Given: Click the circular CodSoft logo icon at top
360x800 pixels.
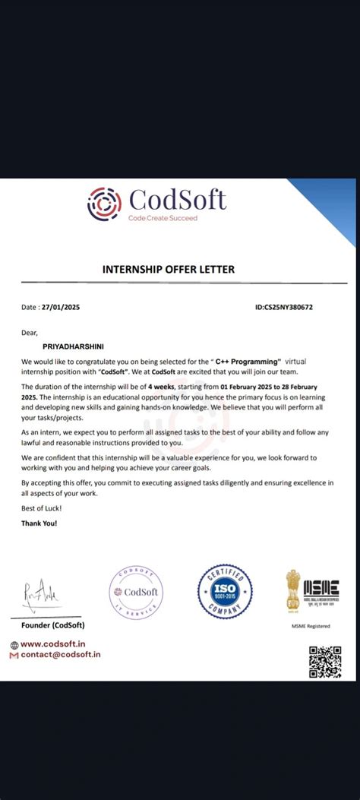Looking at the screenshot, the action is coord(104,203).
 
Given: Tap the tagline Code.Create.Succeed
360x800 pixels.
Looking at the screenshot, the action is coord(162,218).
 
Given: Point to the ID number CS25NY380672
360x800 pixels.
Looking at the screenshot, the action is coord(285,307).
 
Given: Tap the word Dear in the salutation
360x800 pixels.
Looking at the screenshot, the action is coord(30,332).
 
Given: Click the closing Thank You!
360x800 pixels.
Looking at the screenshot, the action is coord(39,523).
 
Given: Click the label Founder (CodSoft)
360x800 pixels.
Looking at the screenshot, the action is coord(52,625).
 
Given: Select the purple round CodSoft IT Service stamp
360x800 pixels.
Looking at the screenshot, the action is coord(136,591).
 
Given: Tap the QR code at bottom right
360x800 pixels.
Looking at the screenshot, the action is coord(324,660).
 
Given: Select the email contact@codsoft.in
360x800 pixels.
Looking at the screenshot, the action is coord(61,654).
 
